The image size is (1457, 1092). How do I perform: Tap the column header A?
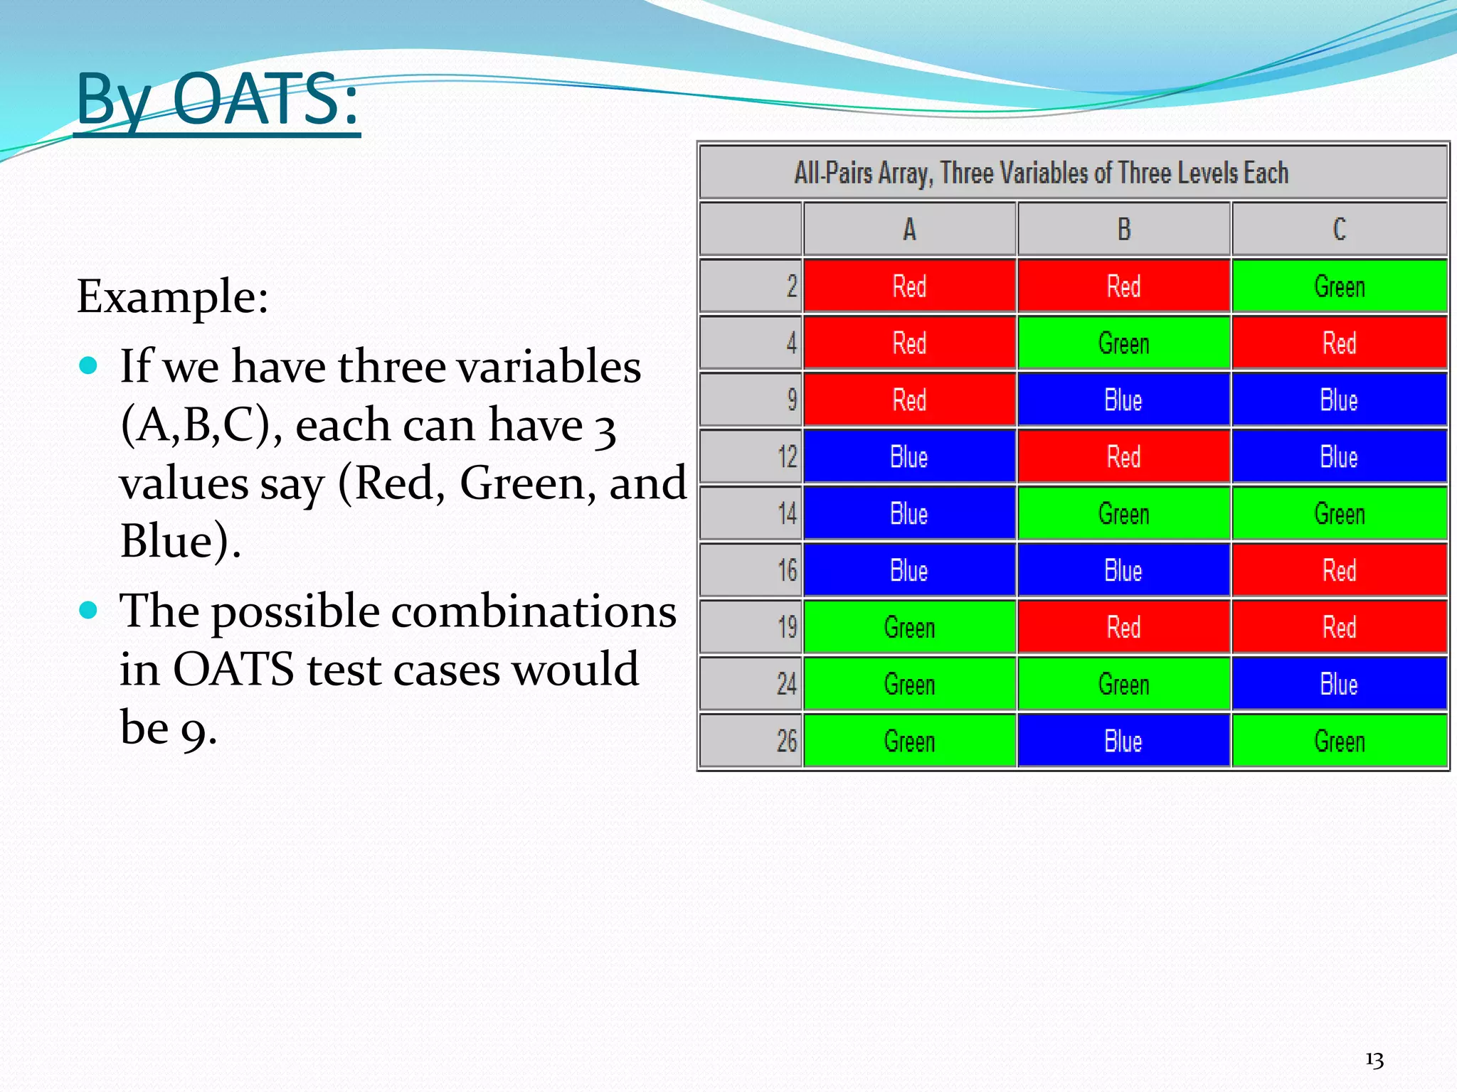point(909,229)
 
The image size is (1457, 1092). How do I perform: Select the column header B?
point(1123,229)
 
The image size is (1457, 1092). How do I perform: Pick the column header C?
point(1339,229)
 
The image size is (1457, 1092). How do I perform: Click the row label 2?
point(791,286)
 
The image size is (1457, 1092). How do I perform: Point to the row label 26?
point(786,741)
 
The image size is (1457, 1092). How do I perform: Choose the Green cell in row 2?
point(1339,286)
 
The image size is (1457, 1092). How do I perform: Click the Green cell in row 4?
point(1123,343)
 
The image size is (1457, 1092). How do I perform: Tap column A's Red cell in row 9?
point(909,400)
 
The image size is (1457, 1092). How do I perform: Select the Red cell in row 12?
point(1123,456)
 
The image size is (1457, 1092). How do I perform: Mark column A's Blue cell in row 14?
point(909,513)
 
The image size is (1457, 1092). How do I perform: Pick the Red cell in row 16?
point(1339,570)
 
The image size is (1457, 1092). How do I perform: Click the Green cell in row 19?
point(909,627)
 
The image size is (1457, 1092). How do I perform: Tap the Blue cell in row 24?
point(1339,684)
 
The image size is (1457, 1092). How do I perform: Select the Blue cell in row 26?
point(1123,741)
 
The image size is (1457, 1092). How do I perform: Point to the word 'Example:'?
point(172,296)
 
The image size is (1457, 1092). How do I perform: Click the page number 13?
point(1374,1060)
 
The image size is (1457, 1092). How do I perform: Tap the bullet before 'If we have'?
point(88,366)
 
